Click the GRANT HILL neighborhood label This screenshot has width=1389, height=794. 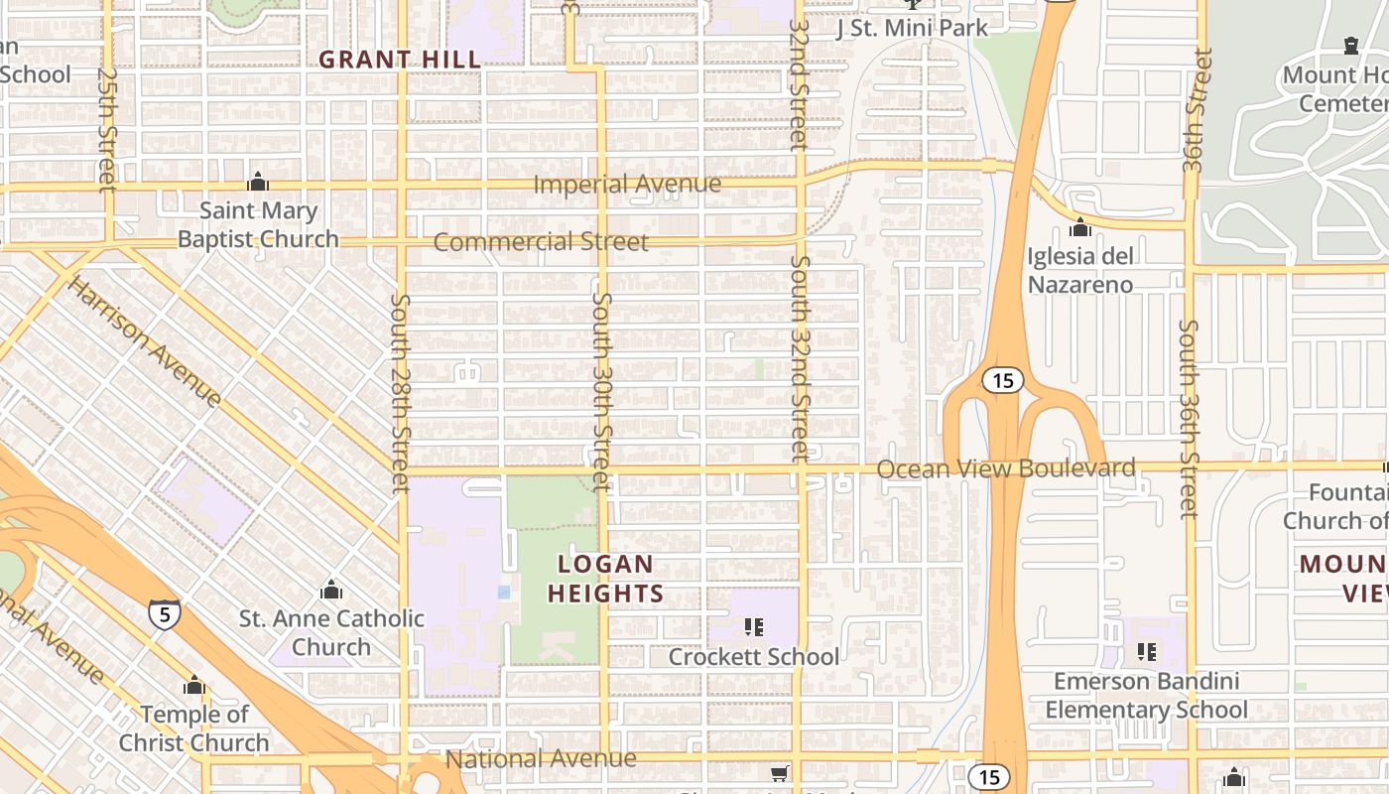point(400,60)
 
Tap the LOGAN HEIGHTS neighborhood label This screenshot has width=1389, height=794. point(605,579)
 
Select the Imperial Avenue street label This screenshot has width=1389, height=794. point(627,185)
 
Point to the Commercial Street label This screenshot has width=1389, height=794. point(541,242)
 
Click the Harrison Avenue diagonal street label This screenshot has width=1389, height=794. point(145,340)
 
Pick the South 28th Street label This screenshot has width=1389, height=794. point(400,393)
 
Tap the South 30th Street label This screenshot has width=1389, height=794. point(601,390)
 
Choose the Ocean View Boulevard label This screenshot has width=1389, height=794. point(1006,468)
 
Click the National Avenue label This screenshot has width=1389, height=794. point(541,759)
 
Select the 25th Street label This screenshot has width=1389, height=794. point(107,128)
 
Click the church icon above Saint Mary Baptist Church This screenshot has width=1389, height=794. point(258,182)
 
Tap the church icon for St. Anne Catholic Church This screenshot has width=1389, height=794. point(331,590)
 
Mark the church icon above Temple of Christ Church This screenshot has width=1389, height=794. point(194,685)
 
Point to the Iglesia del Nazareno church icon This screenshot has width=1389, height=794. point(1080,228)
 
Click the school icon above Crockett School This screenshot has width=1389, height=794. point(754,626)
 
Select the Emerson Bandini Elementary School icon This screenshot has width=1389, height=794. point(1147,652)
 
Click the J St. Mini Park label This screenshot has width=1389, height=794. point(912,28)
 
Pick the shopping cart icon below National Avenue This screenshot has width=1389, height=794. point(780,772)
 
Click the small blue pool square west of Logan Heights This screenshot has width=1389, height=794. point(504,592)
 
